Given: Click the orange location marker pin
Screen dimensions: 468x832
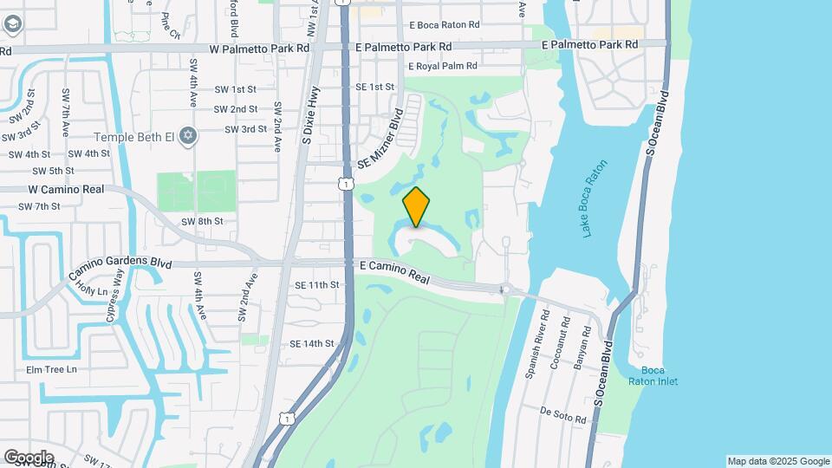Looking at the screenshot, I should [417, 207].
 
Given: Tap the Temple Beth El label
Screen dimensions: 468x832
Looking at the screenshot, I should [134, 136].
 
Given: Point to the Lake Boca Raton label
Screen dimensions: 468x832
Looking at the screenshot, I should [595, 198].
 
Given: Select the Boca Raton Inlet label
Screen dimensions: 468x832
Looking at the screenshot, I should [660, 375].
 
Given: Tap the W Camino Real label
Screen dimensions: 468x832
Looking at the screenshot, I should [66, 189].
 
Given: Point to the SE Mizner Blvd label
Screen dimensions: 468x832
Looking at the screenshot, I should [380, 139].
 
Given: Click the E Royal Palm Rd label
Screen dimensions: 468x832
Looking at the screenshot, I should [442, 66].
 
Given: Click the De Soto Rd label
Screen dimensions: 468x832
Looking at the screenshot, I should [563, 414].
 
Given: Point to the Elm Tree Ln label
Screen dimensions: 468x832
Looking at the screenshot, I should [51, 369].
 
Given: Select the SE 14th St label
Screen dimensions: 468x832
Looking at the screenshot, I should [312, 344].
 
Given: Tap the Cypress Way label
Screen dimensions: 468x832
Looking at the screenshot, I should [115, 296].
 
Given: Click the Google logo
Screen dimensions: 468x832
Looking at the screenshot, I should [29, 457].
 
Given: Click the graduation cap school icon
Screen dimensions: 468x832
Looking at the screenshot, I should [12, 23].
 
